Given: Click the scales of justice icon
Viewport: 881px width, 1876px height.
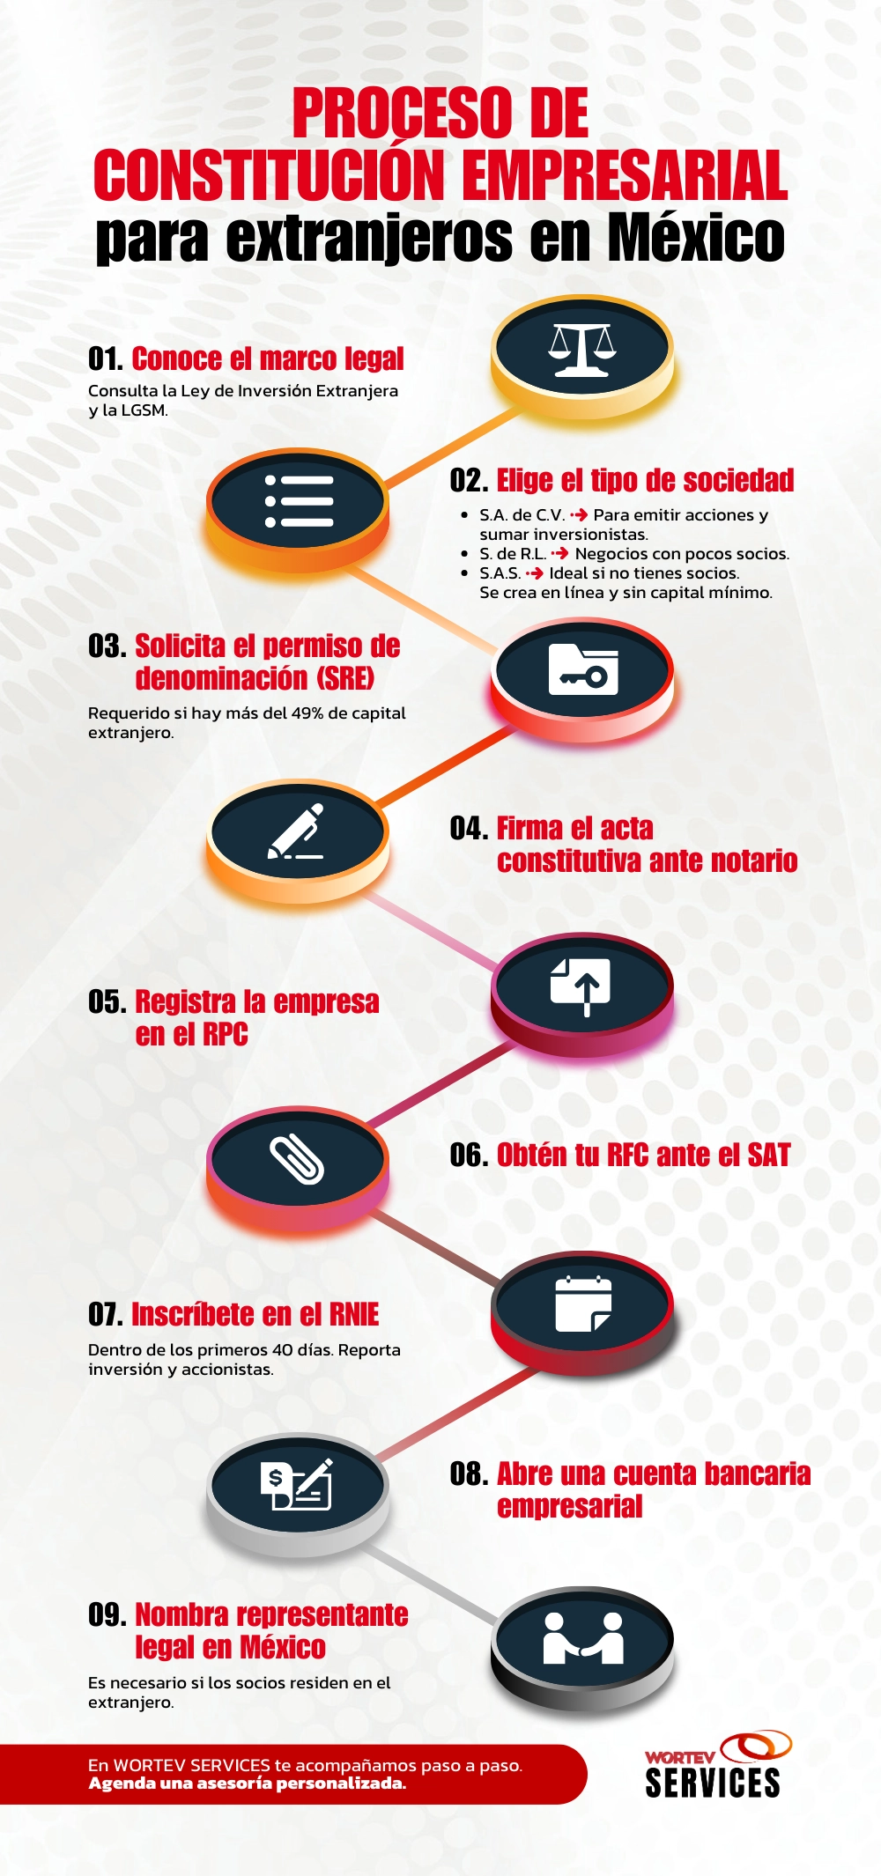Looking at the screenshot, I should [581, 349].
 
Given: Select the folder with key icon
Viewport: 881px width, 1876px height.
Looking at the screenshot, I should [582, 670].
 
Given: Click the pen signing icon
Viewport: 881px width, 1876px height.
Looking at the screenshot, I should [297, 831].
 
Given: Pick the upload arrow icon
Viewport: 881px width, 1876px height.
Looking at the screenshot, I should [581, 985].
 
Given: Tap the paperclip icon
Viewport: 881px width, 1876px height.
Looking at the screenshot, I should [297, 1159].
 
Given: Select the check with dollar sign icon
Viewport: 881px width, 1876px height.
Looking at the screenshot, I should [297, 1484].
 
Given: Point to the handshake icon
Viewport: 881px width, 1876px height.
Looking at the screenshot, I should [582, 1638].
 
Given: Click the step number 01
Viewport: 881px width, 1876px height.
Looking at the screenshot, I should [105, 359].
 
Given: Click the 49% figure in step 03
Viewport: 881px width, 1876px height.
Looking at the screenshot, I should [307, 713].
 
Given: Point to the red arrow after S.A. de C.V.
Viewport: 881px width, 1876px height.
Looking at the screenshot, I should [579, 515].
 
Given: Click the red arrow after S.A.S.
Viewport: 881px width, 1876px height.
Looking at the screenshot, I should [534, 573].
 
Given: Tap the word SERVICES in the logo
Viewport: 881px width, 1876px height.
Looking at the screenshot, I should [712, 1783].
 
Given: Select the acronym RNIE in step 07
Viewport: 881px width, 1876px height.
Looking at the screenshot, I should [354, 1315].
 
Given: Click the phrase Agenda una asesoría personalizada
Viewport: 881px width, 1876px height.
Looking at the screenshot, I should [248, 1784].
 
